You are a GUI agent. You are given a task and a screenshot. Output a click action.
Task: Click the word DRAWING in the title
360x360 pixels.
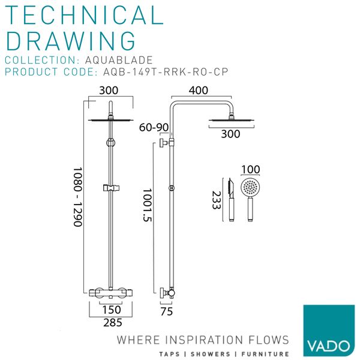(71, 41)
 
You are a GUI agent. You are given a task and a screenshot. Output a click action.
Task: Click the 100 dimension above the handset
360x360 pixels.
(250, 170)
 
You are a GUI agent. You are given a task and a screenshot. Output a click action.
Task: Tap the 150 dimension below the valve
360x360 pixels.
(111, 310)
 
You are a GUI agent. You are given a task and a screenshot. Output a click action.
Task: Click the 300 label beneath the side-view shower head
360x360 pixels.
(230, 134)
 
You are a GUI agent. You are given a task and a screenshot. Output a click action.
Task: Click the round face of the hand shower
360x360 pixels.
(249, 187)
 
